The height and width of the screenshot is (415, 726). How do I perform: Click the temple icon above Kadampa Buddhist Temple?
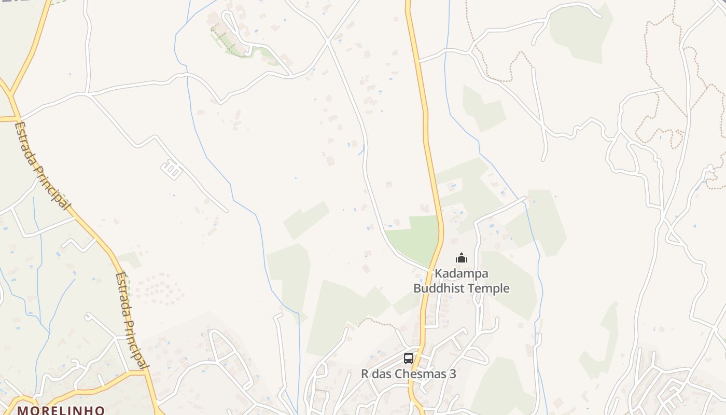click(461, 258)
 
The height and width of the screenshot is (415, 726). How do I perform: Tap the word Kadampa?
click(461, 273)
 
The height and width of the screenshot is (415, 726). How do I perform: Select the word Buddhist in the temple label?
click(439, 288)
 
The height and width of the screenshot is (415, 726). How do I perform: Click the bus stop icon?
click(409, 358)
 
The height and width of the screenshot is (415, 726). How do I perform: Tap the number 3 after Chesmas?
click(453, 374)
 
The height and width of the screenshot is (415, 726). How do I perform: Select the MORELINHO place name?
click(61, 410)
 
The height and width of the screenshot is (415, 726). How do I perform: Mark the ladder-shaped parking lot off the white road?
click(172, 169)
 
